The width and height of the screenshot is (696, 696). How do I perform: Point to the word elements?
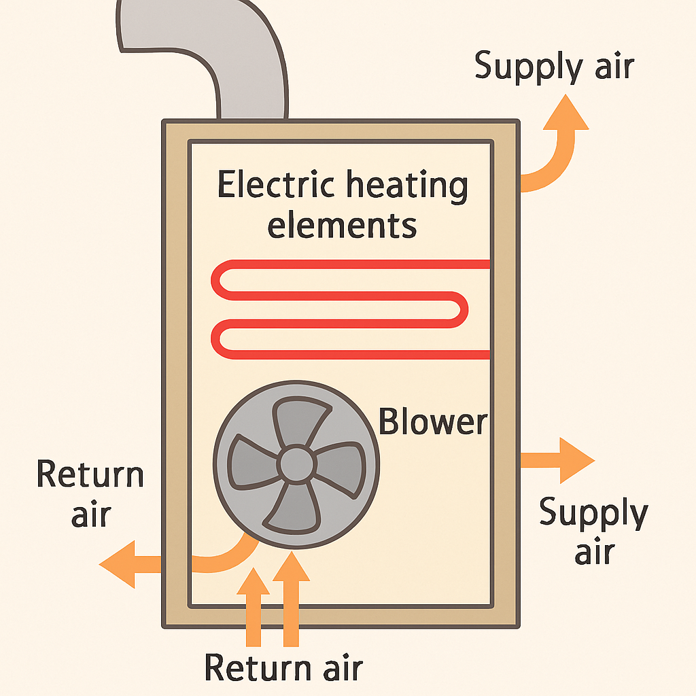pos(342,224)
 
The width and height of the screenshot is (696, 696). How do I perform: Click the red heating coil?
pos(340,309)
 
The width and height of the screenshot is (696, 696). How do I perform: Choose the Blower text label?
pos(433,421)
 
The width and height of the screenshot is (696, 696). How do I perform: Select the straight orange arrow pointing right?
pos(557,460)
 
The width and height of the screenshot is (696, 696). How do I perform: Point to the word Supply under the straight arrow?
pos(593,515)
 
